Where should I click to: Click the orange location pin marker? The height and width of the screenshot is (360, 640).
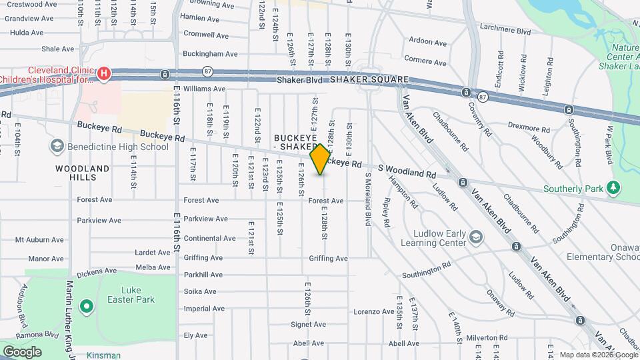(320, 159)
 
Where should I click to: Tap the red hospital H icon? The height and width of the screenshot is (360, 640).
(103, 74)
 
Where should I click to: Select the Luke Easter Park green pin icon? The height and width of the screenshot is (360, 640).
(85, 307)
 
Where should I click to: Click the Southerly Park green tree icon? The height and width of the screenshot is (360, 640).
(613, 188)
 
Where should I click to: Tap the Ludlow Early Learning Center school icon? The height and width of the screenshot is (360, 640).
(476, 237)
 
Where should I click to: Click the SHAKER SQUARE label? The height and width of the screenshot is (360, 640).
(370, 79)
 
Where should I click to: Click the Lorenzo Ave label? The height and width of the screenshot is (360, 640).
(374, 311)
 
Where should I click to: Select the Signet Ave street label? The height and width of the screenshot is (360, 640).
(308, 325)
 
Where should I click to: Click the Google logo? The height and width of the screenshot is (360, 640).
(22, 351)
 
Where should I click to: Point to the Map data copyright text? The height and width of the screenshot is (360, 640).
(598, 355)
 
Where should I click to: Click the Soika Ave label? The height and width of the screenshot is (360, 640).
(200, 291)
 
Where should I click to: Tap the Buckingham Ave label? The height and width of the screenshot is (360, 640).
(210, 54)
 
